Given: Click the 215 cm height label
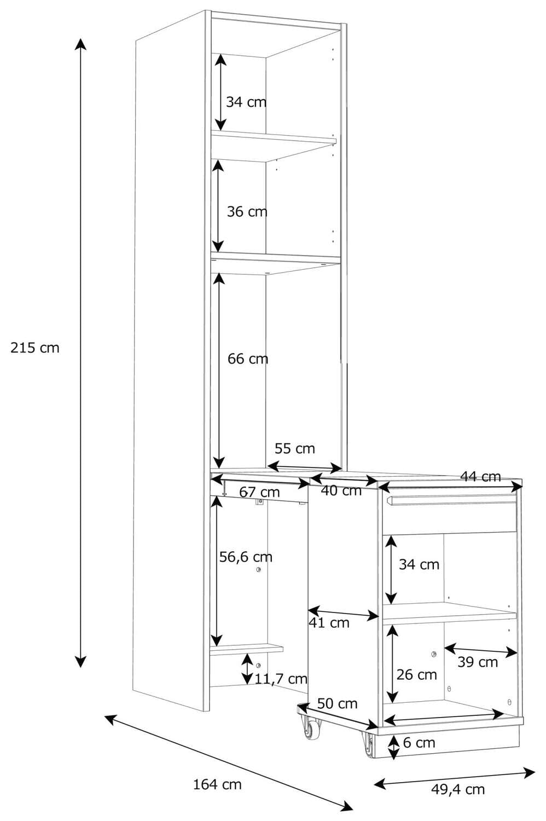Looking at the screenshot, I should [35, 348].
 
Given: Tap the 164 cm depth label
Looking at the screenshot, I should [217, 784].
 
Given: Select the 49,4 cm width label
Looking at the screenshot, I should [458, 789].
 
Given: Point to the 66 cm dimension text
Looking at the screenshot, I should [248, 359].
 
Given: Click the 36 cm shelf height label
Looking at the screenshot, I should [247, 211].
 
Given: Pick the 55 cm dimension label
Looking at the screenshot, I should [294, 449].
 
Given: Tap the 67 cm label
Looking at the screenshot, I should [259, 492].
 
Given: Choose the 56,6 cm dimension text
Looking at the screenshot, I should [246, 557].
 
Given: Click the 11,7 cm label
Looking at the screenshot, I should [281, 679].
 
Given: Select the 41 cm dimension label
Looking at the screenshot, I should [329, 622].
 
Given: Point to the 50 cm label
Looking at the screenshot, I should [337, 704].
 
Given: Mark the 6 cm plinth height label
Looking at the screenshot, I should [419, 743].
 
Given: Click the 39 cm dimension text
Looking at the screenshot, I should [478, 662].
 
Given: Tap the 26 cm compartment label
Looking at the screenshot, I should [417, 675].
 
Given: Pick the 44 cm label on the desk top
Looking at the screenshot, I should [480, 477].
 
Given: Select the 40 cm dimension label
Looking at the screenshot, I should [341, 491].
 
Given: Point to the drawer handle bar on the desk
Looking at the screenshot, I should [451, 499].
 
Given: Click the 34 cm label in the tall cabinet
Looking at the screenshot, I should [246, 102].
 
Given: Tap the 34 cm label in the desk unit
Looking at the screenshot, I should [419, 564].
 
